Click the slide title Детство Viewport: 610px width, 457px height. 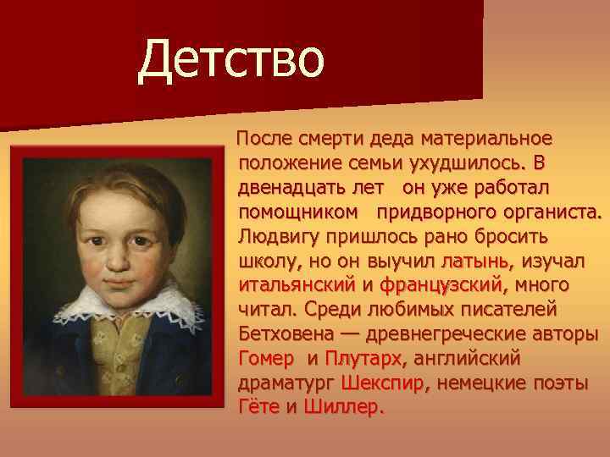click(231, 61)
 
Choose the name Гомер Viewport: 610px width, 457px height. click(266, 358)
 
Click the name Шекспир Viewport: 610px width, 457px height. click(385, 383)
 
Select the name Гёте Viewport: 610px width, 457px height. click(258, 407)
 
